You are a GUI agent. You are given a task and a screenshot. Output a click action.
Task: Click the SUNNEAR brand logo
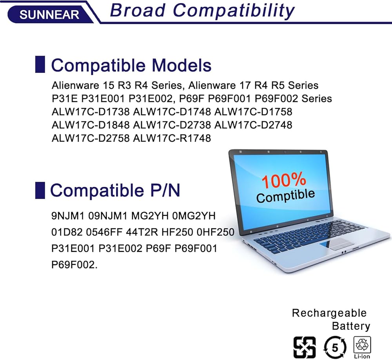point(49,14)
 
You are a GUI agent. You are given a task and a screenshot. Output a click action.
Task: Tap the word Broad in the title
point(138,11)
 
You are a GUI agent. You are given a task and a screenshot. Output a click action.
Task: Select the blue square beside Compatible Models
point(40,65)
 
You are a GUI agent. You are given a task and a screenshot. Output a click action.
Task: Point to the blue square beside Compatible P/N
point(40,190)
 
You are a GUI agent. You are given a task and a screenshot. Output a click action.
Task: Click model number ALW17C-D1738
point(91,112)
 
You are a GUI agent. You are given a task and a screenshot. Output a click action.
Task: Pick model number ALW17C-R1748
point(172,138)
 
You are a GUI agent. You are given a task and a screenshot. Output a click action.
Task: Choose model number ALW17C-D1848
point(91,125)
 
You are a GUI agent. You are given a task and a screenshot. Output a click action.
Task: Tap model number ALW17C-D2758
point(91,138)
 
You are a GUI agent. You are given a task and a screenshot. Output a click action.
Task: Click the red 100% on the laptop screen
point(284,180)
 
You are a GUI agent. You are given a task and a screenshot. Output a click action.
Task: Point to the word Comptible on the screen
point(285,196)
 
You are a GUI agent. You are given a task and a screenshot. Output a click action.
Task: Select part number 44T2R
point(142,232)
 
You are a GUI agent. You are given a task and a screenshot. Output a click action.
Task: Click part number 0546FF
point(104,232)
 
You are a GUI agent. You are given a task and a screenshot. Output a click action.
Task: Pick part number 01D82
point(67,232)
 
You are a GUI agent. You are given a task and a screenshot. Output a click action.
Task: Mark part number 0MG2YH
point(194,216)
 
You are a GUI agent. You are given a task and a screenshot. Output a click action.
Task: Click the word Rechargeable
point(329,313)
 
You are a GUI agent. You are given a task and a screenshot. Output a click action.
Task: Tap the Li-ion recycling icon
point(362,347)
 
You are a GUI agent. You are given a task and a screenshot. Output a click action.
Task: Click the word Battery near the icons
point(351,326)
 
